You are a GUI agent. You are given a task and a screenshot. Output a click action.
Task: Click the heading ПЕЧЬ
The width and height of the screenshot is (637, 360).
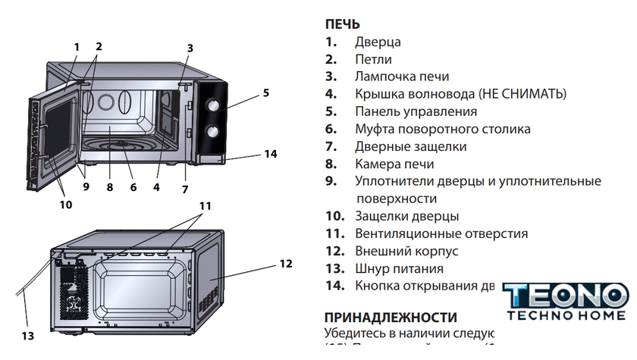(x=343, y=25)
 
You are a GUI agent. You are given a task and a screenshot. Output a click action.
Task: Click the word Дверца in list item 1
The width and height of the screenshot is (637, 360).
(x=378, y=42)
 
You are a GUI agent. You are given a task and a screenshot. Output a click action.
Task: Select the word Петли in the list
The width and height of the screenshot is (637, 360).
(x=373, y=60)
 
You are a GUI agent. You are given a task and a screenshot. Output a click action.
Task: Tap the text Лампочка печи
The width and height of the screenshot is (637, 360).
(x=402, y=77)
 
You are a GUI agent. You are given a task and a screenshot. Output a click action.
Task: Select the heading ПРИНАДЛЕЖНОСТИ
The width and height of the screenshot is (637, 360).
(x=391, y=317)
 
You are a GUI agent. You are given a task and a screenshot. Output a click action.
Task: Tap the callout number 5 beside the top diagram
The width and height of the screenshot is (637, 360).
(x=266, y=93)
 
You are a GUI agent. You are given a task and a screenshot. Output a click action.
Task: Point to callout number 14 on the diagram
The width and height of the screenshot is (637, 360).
(x=270, y=154)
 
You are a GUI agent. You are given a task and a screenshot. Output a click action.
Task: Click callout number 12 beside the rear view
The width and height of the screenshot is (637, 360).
(x=285, y=264)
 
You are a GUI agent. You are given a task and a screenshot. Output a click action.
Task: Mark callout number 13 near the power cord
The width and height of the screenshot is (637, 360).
(x=28, y=335)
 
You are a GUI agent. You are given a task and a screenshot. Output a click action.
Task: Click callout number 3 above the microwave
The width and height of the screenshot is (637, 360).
(x=190, y=48)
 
